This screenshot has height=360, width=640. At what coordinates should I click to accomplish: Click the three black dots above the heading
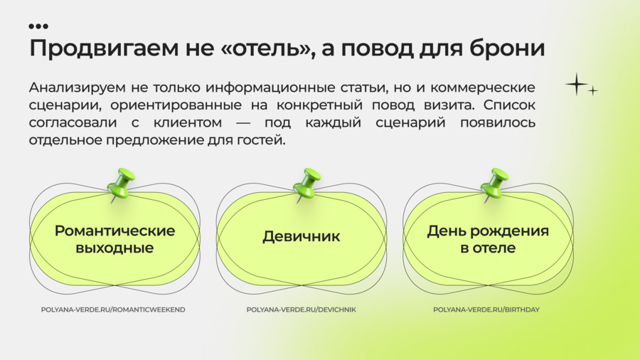click(38, 26)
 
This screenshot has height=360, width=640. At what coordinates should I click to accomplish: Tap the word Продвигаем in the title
click(104, 48)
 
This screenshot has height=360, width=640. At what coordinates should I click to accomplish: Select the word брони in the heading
click(507, 48)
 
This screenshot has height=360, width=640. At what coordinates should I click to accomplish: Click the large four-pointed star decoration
click(576, 84)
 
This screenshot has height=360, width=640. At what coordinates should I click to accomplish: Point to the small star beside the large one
click(592, 90)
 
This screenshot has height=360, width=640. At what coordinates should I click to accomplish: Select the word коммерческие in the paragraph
click(482, 88)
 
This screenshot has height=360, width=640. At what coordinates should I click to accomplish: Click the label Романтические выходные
click(114, 239)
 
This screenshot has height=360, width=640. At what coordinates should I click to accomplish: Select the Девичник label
click(302, 236)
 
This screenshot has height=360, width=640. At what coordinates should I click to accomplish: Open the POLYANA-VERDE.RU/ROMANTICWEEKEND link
click(113, 309)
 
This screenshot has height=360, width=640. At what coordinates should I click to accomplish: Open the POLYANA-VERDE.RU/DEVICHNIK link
click(302, 309)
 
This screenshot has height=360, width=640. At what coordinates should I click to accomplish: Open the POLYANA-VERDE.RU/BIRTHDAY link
click(486, 309)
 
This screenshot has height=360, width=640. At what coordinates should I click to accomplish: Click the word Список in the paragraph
click(509, 105)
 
